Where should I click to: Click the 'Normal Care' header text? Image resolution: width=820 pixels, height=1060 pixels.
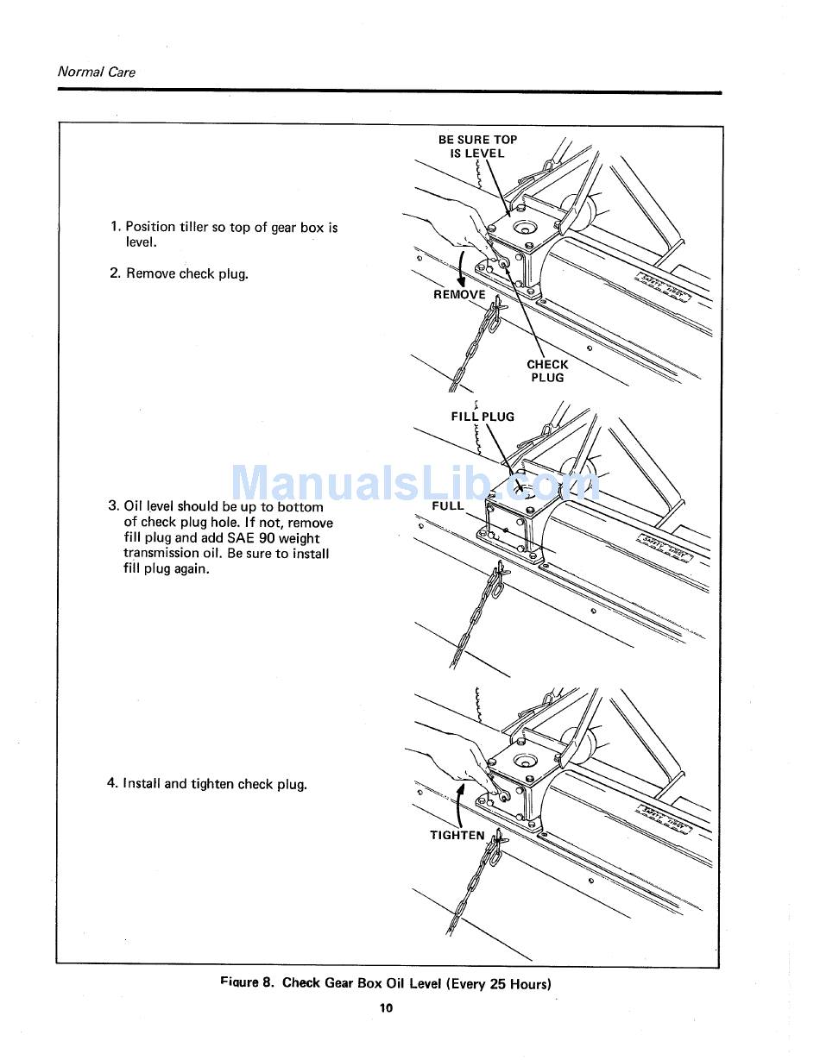pos(96,72)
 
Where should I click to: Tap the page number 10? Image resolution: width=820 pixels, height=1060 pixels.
pos(386,1008)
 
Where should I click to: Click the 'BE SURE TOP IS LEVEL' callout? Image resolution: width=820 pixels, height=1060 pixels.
pos(477,147)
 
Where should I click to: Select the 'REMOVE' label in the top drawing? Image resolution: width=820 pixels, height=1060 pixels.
pos(459,295)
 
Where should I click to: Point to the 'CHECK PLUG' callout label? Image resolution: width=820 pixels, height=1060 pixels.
pos(547,371)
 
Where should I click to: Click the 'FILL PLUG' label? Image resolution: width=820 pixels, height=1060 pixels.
pos(483,417)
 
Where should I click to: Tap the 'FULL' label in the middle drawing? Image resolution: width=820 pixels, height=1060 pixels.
pos(448,506)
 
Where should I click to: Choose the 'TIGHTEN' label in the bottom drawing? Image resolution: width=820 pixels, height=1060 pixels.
pos(457,835)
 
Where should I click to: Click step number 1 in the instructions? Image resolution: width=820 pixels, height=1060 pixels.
pos(116,227)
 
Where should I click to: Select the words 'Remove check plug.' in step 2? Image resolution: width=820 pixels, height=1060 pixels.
pos(187,273)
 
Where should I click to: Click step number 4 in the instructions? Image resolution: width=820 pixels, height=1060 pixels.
pos(112,784)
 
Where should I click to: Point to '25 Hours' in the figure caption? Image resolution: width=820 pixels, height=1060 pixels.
pos(518,983)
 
